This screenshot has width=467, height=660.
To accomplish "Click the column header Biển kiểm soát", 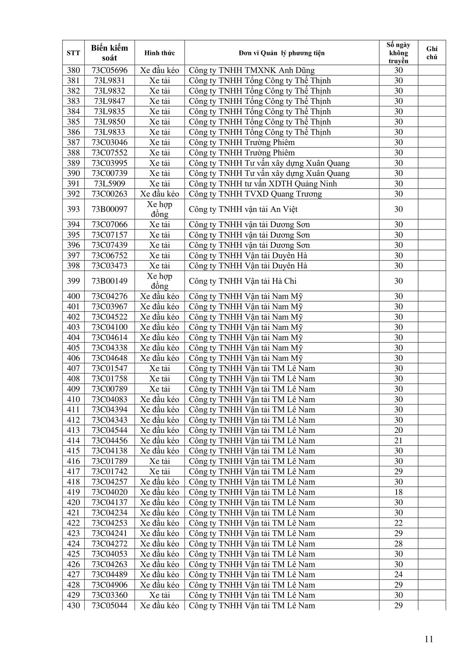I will click(109, 52).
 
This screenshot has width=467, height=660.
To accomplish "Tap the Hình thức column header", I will click(160, 53).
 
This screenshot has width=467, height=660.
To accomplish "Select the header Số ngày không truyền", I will click(398, 53).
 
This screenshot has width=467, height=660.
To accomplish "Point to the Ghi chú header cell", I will click(432, 53).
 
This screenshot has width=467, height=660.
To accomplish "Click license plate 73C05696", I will click(109, 71).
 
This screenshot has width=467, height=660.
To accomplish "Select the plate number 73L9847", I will click(109, 101).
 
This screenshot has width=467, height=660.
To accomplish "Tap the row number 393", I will click(73, 209).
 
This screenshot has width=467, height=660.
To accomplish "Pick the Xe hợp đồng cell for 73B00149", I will click(160, 281).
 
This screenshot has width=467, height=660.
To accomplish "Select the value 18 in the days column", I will click(398, 492).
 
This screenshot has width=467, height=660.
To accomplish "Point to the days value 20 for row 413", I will click(398, 430).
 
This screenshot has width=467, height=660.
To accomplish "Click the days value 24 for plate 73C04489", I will click(398, 575).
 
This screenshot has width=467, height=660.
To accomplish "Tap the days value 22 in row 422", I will click(398, 523).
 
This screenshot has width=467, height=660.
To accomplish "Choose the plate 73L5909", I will click(109, 184).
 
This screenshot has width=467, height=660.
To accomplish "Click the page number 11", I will click(429, 639).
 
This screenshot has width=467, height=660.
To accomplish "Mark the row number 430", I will click(73, 606).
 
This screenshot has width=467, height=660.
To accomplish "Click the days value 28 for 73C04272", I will click(398, 544).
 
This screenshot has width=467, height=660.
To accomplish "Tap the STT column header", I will click(73, 53).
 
